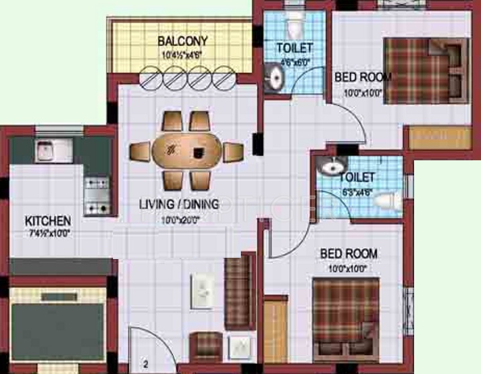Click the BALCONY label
182,41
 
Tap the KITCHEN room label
47,220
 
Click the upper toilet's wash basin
273,79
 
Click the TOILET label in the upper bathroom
294,47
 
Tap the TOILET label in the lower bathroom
357,178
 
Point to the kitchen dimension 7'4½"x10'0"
47,233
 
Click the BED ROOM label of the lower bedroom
349,254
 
